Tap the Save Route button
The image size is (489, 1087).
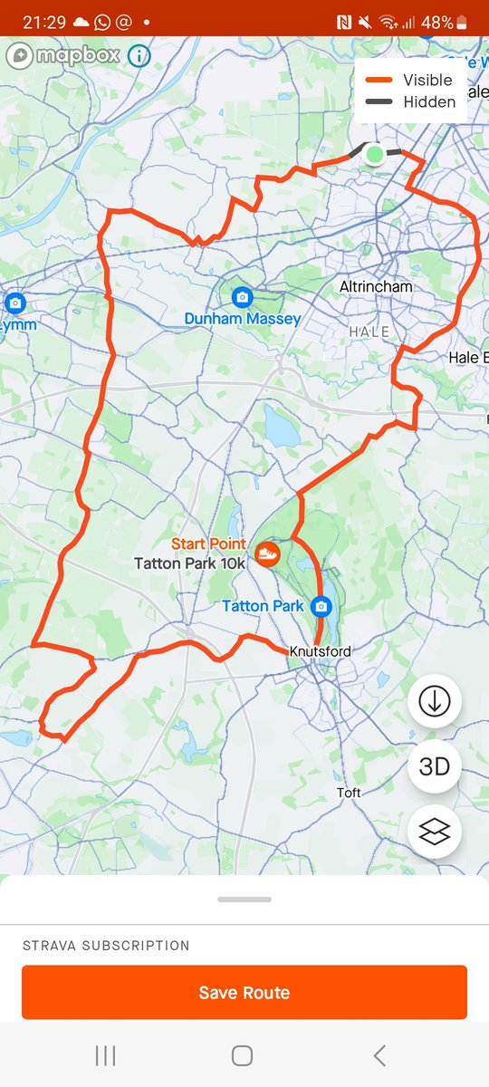click(x=244, y=992)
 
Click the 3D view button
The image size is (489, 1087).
click(x=435, y=766)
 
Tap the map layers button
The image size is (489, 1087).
click(x=435, y=832)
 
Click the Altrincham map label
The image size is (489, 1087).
click(x=376, y=286)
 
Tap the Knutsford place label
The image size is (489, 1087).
click(x=320, y=651)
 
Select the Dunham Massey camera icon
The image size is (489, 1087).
click(x=242, y=297)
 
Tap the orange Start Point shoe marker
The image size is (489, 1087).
click(x=266, y=553)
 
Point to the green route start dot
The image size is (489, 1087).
click(x=374, y=154)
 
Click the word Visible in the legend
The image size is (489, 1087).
click(x=427, y=80)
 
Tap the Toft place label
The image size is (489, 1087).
click(x=349, y=793)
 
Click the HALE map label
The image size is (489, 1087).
click(x=369, y=332)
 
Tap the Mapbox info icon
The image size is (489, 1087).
click(x=139, y=56)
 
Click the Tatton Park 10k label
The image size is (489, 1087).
click(x=189, y=563)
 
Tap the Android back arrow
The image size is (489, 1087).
click(x=379, y=1055)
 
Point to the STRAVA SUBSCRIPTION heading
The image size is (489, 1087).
click(x=106, y=945)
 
